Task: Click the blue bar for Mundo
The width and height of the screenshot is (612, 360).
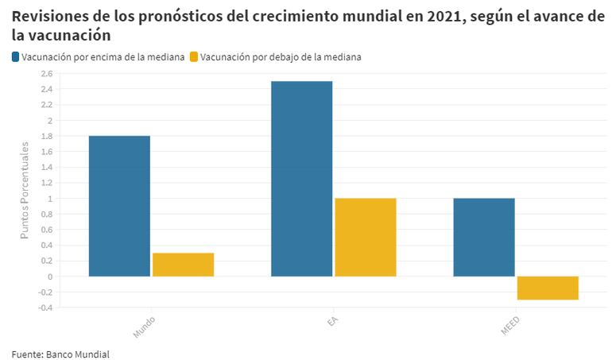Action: [119, 206]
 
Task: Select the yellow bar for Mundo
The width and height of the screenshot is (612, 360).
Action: [184, 265]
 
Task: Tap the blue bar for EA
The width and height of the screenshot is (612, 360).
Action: [301, 179]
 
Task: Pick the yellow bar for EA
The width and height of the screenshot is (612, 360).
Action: [366, 237]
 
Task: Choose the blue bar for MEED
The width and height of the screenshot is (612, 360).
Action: [484, 237]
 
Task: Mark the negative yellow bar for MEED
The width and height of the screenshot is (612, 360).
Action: [548, 288]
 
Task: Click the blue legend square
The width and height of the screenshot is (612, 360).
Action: [16, 56]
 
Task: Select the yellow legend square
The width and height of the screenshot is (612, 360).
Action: [195, 56]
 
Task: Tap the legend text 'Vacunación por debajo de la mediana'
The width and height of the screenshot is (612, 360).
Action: [281, 56]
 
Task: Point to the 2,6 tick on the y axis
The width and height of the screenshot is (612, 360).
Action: [46, 74]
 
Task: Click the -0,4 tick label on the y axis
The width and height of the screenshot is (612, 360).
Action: [45, 308]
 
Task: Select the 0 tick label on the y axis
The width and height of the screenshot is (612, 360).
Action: [49, 277]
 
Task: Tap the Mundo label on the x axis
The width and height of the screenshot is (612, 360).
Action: [144, 326]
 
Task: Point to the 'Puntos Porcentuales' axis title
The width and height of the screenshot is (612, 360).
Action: [25, 191]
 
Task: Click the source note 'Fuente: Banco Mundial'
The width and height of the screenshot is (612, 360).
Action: [60, 354]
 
